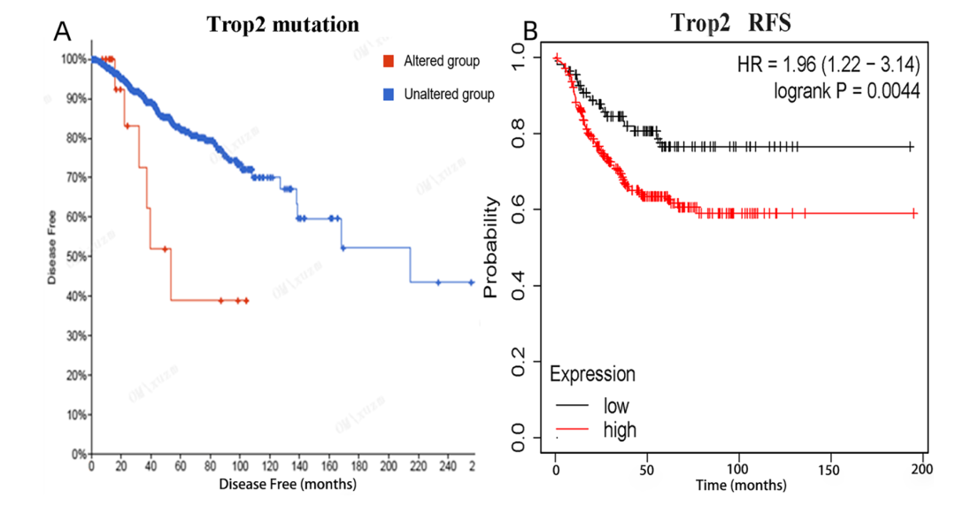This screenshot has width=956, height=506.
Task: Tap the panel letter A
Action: tap(62, 31)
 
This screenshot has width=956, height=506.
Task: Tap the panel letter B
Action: tap(530, 33)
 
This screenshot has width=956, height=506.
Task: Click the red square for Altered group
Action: tap(388, 61)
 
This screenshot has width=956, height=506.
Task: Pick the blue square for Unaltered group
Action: tap(388, 94)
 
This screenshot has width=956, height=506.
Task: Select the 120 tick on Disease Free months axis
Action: tap(270, 466)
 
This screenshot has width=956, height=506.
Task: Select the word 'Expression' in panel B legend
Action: tap(592, 374)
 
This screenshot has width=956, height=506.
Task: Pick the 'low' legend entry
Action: tap(616, 406)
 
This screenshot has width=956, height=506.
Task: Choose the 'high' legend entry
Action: tap(620, 430)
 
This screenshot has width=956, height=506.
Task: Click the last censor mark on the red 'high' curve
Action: tap(915, 213)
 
